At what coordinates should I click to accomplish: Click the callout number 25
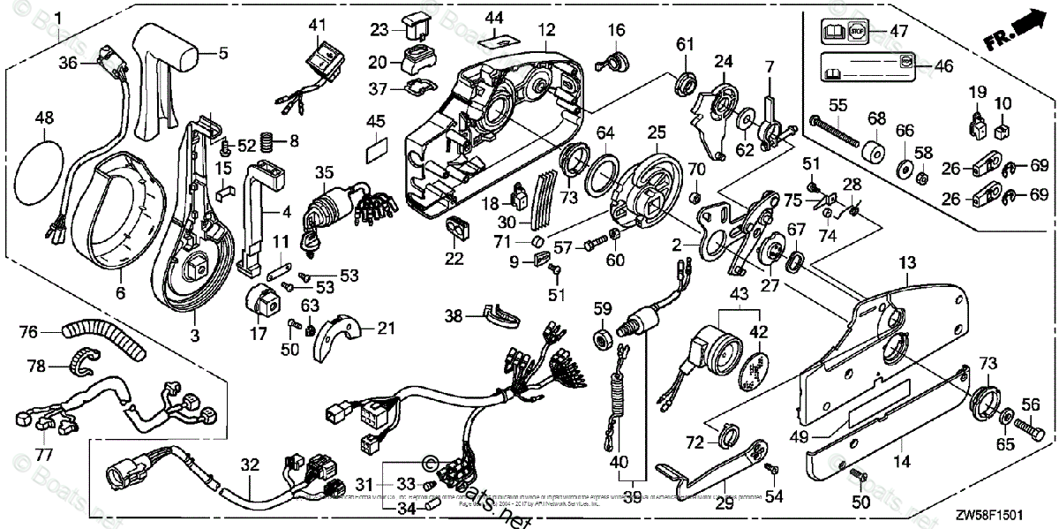click(655, 132)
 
